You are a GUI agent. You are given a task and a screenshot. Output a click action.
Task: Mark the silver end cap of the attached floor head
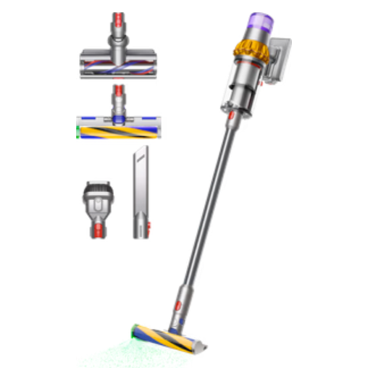(209, 341)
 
